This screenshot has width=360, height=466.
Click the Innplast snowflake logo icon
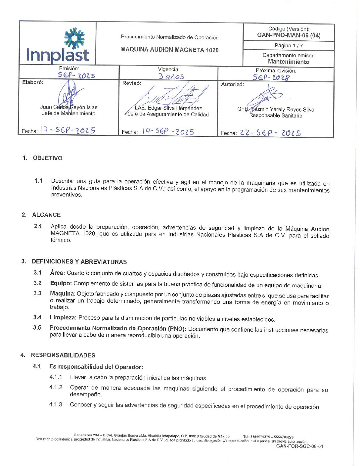[74, 38]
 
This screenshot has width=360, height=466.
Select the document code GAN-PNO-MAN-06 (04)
[289, 35]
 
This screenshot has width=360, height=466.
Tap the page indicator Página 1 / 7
[289, 46]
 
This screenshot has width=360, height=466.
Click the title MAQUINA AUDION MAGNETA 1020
[169, 50]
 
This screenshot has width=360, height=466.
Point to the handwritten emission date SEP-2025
[76, 75]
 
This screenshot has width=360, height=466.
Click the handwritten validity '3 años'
[171, 76]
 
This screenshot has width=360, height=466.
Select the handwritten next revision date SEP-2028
[271, 77]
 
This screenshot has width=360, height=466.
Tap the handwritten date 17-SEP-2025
[68, 130]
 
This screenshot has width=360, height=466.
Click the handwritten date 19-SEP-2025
[168, 131]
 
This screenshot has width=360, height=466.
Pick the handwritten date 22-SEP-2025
[270, 133]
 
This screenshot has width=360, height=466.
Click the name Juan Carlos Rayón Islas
[69, 107]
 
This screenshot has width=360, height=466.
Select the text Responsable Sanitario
[276, 116]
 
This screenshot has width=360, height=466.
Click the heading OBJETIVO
[47, 158]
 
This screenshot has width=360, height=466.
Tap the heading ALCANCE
[46, 215]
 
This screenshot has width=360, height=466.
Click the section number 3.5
[37, 327]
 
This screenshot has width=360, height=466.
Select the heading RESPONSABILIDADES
[63, 355]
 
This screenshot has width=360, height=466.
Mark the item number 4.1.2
[56, 387]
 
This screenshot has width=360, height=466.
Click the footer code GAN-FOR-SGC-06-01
[299, 446]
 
